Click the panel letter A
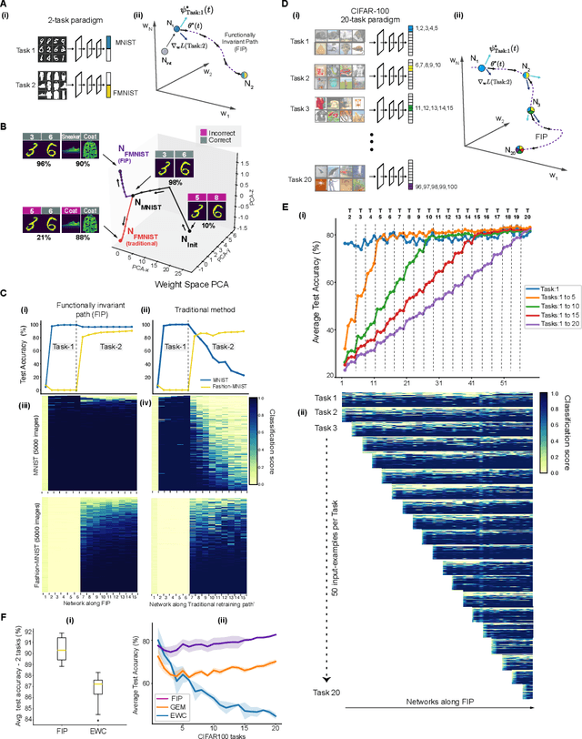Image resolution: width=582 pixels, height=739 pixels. tap(5, 6)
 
